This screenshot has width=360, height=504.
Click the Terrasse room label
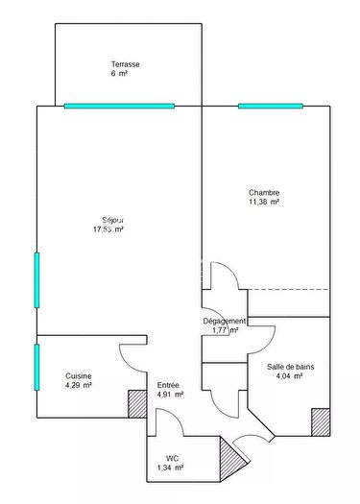coord(126,64)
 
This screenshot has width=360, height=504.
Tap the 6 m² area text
coord(120,74)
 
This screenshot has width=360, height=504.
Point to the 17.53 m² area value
coord(108,230)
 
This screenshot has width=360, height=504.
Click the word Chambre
coord(264,192)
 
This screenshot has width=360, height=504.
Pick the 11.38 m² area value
coord(264,203)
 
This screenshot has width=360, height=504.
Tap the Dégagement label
coord(224,321)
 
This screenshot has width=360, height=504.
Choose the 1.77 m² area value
coord(225,331)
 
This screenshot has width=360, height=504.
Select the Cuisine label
coord(79,375)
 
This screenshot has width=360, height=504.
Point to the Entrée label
coord(168,385)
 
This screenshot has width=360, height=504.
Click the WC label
coord(172,458)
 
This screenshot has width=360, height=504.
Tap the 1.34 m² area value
coord(170,468)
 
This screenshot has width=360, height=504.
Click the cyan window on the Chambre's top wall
coord(270,106)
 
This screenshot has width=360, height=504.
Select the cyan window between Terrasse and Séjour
coord(119,106)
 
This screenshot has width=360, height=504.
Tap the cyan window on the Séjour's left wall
coord(36,280)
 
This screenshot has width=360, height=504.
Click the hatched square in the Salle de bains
coord(320,421)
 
